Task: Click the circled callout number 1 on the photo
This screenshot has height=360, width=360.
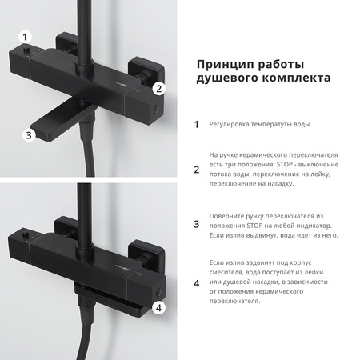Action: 26,37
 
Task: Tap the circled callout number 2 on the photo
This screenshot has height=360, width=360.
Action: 158,89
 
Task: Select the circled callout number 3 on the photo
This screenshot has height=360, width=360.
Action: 29,135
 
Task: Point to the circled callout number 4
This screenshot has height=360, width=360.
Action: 158,306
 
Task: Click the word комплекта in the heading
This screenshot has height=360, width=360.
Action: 290,78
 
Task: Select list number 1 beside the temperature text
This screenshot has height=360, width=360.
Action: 197,124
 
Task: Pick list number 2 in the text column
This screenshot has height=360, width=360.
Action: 197,169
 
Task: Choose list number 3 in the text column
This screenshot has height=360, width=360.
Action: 197,226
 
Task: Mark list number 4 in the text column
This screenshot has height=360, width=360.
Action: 197,282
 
